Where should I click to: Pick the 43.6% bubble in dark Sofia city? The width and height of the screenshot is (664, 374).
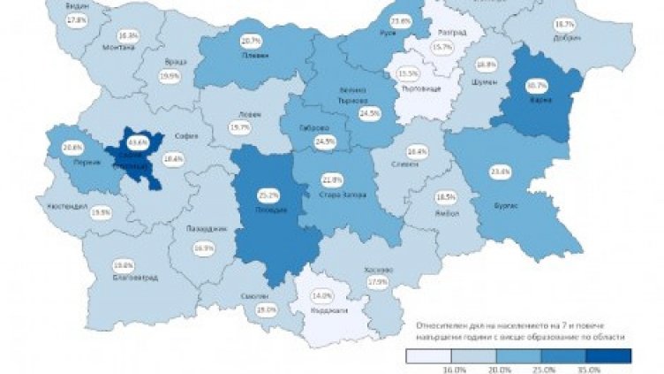[x=138, y=142]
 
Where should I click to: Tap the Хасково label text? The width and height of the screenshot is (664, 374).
[x=377, y=270]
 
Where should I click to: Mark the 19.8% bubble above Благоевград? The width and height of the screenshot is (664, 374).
[x=123, y=263]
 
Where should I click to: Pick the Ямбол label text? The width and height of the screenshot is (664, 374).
[x=446, y=211]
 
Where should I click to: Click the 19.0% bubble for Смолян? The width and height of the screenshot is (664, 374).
[x=241, y=310]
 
